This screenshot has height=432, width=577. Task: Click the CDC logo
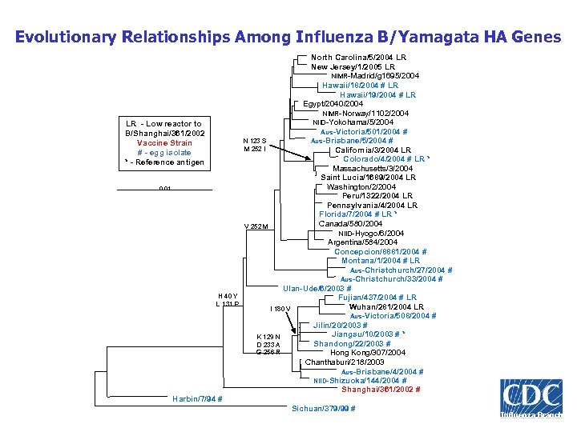(531, 398)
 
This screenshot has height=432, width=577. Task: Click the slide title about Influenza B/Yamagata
(288, 37)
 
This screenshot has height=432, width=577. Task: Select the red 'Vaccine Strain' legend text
(164, 143)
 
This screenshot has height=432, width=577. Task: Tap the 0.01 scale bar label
(164, 189)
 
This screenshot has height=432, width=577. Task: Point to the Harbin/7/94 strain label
(197, 399)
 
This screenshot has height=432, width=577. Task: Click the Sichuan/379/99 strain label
(324, 409)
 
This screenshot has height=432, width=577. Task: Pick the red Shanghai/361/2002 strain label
(381, 390)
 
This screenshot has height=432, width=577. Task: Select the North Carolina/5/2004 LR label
(358, 58)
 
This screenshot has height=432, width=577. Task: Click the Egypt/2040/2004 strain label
(333, 103)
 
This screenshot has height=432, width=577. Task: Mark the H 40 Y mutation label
(228, 295)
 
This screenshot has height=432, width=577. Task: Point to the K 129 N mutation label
(268, 335)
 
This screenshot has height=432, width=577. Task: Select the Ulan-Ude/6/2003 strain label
(317, 289)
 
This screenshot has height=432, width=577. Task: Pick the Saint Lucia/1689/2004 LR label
(373, 178)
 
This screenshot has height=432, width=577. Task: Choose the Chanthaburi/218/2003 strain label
(345, 362)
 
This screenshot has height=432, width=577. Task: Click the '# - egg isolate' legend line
(164, 153)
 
